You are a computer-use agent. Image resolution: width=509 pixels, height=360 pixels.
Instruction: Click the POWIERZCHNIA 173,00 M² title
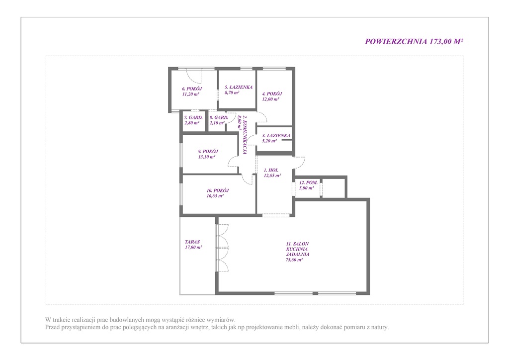tap(414, 42)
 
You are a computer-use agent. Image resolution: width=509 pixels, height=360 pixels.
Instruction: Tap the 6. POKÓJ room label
tap(192, 89)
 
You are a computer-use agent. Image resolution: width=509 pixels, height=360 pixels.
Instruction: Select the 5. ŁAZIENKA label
tap(239, 88)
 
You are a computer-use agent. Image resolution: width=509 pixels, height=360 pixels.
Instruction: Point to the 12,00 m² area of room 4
tap(271, 99)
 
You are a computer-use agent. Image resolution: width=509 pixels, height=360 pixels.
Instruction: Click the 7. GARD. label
tap(193, 117)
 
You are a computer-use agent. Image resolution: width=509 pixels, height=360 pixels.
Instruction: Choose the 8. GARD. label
tap(219, 117)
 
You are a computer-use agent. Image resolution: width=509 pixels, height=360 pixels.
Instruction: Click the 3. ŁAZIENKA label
tap(276, 135)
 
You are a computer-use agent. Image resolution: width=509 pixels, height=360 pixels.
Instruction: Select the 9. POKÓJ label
tap(208, 151)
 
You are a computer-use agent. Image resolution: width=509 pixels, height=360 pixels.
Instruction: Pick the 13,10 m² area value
tap(207, 157)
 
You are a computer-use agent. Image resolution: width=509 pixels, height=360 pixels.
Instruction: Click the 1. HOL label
tap(271, 170)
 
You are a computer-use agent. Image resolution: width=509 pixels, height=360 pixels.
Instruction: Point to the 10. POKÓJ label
tap(218, 190)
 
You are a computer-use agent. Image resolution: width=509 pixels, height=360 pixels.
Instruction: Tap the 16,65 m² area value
tap(215, 196)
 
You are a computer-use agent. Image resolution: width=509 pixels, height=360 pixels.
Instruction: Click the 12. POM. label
tap(308, 182)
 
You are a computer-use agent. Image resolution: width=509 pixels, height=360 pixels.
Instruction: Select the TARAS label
tap(192, 242)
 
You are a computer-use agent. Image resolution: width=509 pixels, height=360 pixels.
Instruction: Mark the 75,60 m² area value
tap(294, 260)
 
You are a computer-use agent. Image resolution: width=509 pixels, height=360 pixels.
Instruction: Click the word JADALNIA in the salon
tap(298, 255)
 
